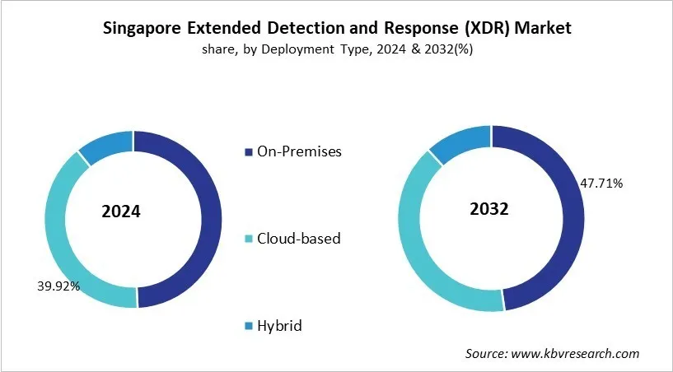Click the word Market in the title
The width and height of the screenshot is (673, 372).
(x=544, y=28)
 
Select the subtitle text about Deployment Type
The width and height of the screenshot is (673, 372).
(x=336, y=49)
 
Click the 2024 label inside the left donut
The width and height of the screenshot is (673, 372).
(x=120, y=212)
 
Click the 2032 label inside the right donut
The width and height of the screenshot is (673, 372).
(x=490, y=208)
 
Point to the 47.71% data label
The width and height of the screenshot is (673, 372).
(x=601, y=183)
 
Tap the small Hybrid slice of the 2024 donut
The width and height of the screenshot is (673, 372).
(x=106, y=143)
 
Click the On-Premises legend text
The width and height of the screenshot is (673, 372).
(x=299, y=151)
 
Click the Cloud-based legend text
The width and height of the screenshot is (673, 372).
(x=299, y=239)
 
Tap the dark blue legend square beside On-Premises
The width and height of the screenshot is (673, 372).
(x=250, y=152)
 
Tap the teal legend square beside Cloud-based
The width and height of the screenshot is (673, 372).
(x=250, y=239)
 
